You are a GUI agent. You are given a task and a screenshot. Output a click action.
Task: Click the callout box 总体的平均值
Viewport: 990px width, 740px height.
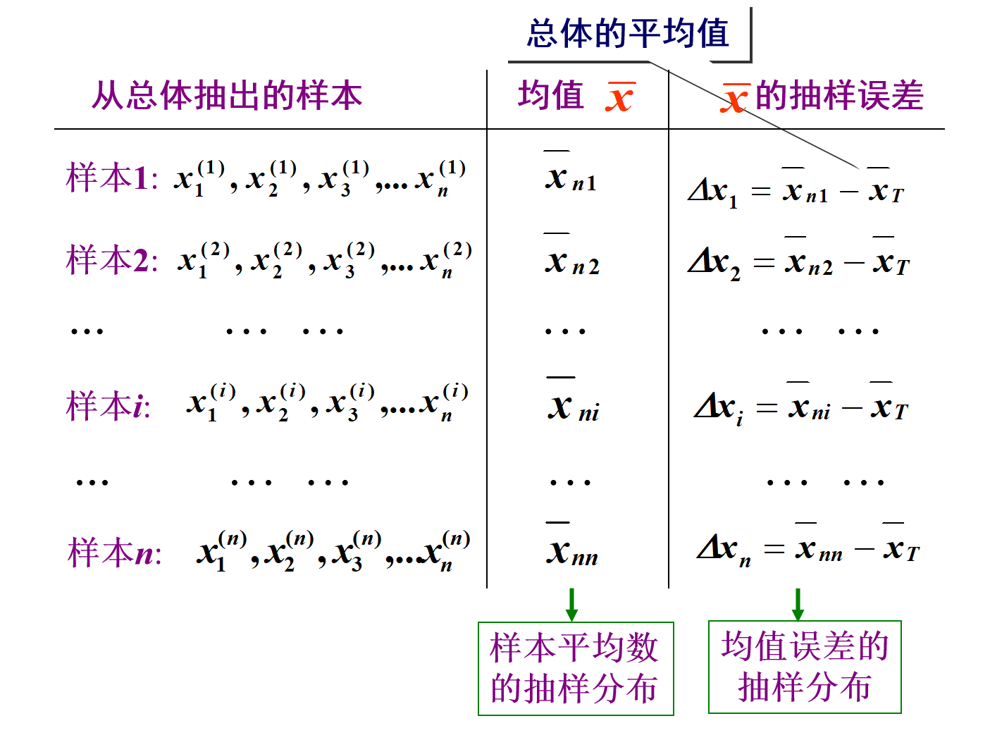pyautogui.click(x=628, y=34)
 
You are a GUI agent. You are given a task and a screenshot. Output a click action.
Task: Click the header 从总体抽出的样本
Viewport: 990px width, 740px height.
pyautogui.click(x=227, y=95)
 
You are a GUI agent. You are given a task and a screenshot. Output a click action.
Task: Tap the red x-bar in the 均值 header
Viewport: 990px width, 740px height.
pyautogui.click(x=619, y=97)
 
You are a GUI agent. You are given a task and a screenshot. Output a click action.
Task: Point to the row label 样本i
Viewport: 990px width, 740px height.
pyautogui.click(x=108, y=406)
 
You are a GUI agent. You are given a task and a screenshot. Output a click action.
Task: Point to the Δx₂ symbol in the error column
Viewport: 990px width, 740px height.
pyautogui.click(x=714, y=264)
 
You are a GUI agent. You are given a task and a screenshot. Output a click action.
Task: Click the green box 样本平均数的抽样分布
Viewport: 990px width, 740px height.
pyautogui.click(x=575, y=668)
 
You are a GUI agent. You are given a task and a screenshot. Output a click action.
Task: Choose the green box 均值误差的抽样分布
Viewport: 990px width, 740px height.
pyautogui.click(x=805, y=667)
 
